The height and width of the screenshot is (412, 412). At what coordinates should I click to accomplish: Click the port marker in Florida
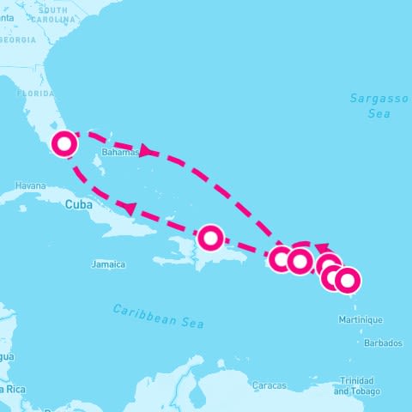64,143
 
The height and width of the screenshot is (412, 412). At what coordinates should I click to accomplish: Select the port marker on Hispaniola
210,237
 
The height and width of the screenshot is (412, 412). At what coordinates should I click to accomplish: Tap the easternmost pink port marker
348,280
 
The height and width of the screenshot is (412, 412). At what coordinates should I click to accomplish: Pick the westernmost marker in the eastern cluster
281,258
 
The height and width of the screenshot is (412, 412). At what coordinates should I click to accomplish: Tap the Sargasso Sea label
379,106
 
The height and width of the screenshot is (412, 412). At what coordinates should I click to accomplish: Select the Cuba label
78,204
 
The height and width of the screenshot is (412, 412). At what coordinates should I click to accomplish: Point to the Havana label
30,185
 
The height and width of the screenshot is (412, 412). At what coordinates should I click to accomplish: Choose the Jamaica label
108,264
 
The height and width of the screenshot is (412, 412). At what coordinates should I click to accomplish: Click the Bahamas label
119,153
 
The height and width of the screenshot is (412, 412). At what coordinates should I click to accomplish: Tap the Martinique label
361,319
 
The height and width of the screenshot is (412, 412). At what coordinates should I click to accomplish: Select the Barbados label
382,342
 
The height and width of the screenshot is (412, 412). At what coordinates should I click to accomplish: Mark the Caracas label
270,385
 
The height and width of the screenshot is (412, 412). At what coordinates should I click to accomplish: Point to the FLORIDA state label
35,93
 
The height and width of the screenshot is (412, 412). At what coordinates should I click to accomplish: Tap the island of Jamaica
107,251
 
